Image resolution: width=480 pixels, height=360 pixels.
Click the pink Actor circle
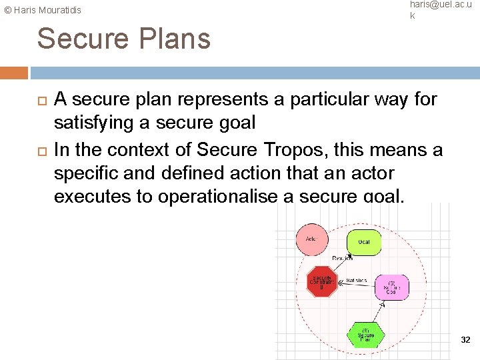click(x=311, y=239)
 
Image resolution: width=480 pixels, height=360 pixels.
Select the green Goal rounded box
click(x=363, y=242)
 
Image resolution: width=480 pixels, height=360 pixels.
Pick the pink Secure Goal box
click(x=391, y=287)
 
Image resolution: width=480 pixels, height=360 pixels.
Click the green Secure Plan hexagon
click(x=366, y=334)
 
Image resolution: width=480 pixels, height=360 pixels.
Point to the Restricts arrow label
click(x=343, y=258)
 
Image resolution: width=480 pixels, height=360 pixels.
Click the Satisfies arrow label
click(x=357, y=281)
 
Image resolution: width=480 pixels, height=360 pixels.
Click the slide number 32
click(x=465, y=340)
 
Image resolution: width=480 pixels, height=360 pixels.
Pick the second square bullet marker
click(x=41, y=150)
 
